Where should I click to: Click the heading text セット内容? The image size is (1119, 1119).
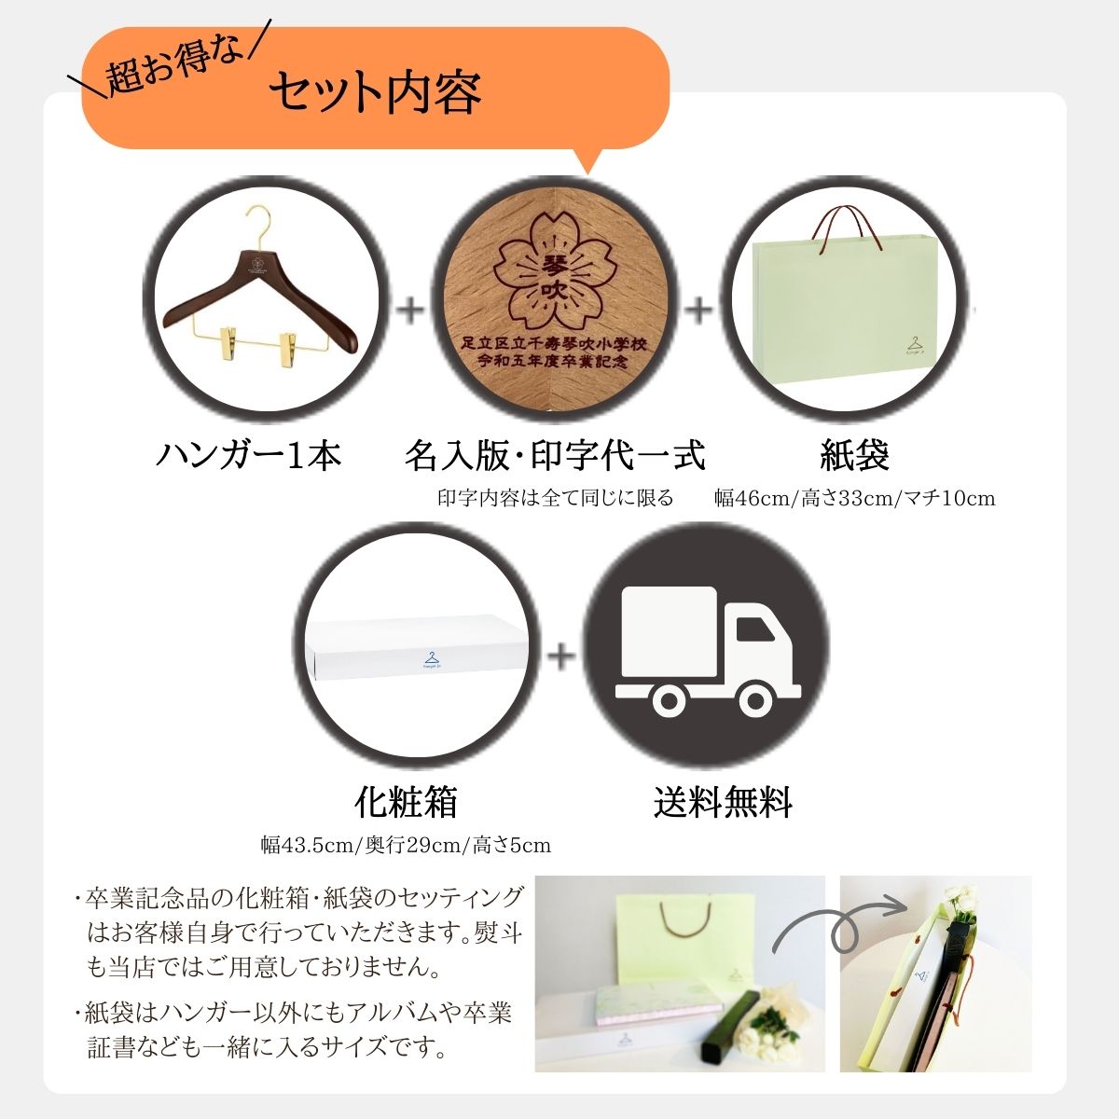pyautogui.click(x=375, y=92)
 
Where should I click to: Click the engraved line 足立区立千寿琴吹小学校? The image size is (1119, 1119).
pyautogui.click(x=553, y=345)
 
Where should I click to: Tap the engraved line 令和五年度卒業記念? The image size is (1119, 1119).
pyautogui.click(x=553, y=362)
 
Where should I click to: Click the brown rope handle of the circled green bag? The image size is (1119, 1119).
pyautogui.click(x=847, y=230)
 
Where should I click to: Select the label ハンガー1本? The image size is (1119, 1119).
pyautogui.click(x=249, y=455)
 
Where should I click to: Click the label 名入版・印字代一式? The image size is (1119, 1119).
pyautogui.click(x=555, y=455)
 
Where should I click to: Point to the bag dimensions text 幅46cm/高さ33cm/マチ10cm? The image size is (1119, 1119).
pyautogui.click(x=855, y=498)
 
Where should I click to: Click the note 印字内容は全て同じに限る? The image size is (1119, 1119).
pyautogui.click(x=556, y=498)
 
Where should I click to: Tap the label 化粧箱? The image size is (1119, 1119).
pyautogui.click(x=406, y=802)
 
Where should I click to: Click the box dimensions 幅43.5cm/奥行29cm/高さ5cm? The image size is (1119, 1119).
pyautogui.click(x=406, y=845)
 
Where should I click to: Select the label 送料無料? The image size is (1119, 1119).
pyautogui.click(x=723, y=802)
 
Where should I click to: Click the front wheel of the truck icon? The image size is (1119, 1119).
pyautogui.click(x=755, y=701)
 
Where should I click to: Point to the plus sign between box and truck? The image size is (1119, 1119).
pyautogui.click(x=561, y=656)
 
